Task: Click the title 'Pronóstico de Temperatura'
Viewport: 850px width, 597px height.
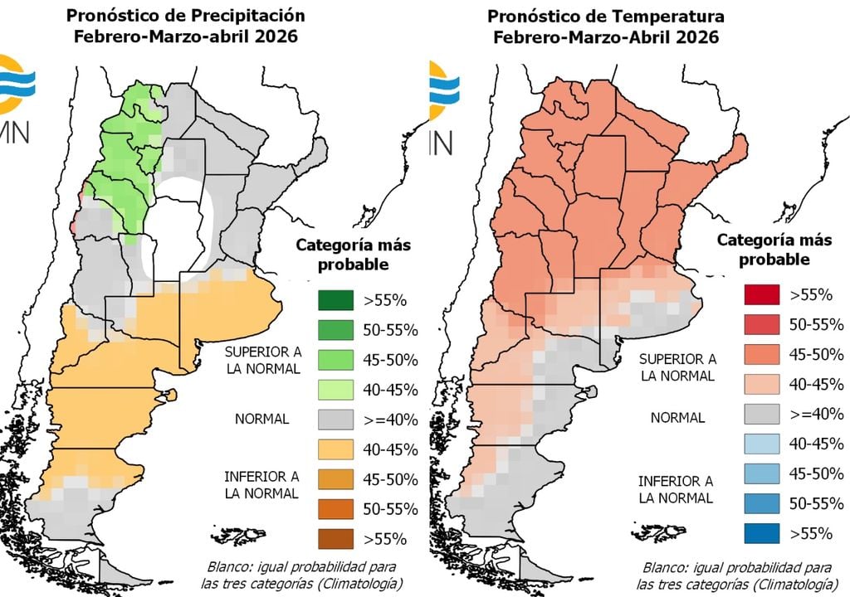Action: (x=605, y=17)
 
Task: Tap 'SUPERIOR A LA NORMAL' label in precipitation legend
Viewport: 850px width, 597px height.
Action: (x=262, y=360)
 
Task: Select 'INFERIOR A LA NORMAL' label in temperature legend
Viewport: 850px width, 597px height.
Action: (x=675, y=489)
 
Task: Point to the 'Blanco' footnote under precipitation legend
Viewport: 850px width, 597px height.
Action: (x=300, y=574)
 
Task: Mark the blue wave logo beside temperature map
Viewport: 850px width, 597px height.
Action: (x=443, y=86)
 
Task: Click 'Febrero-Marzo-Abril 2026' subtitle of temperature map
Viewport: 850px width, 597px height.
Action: (x=605, y=37)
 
